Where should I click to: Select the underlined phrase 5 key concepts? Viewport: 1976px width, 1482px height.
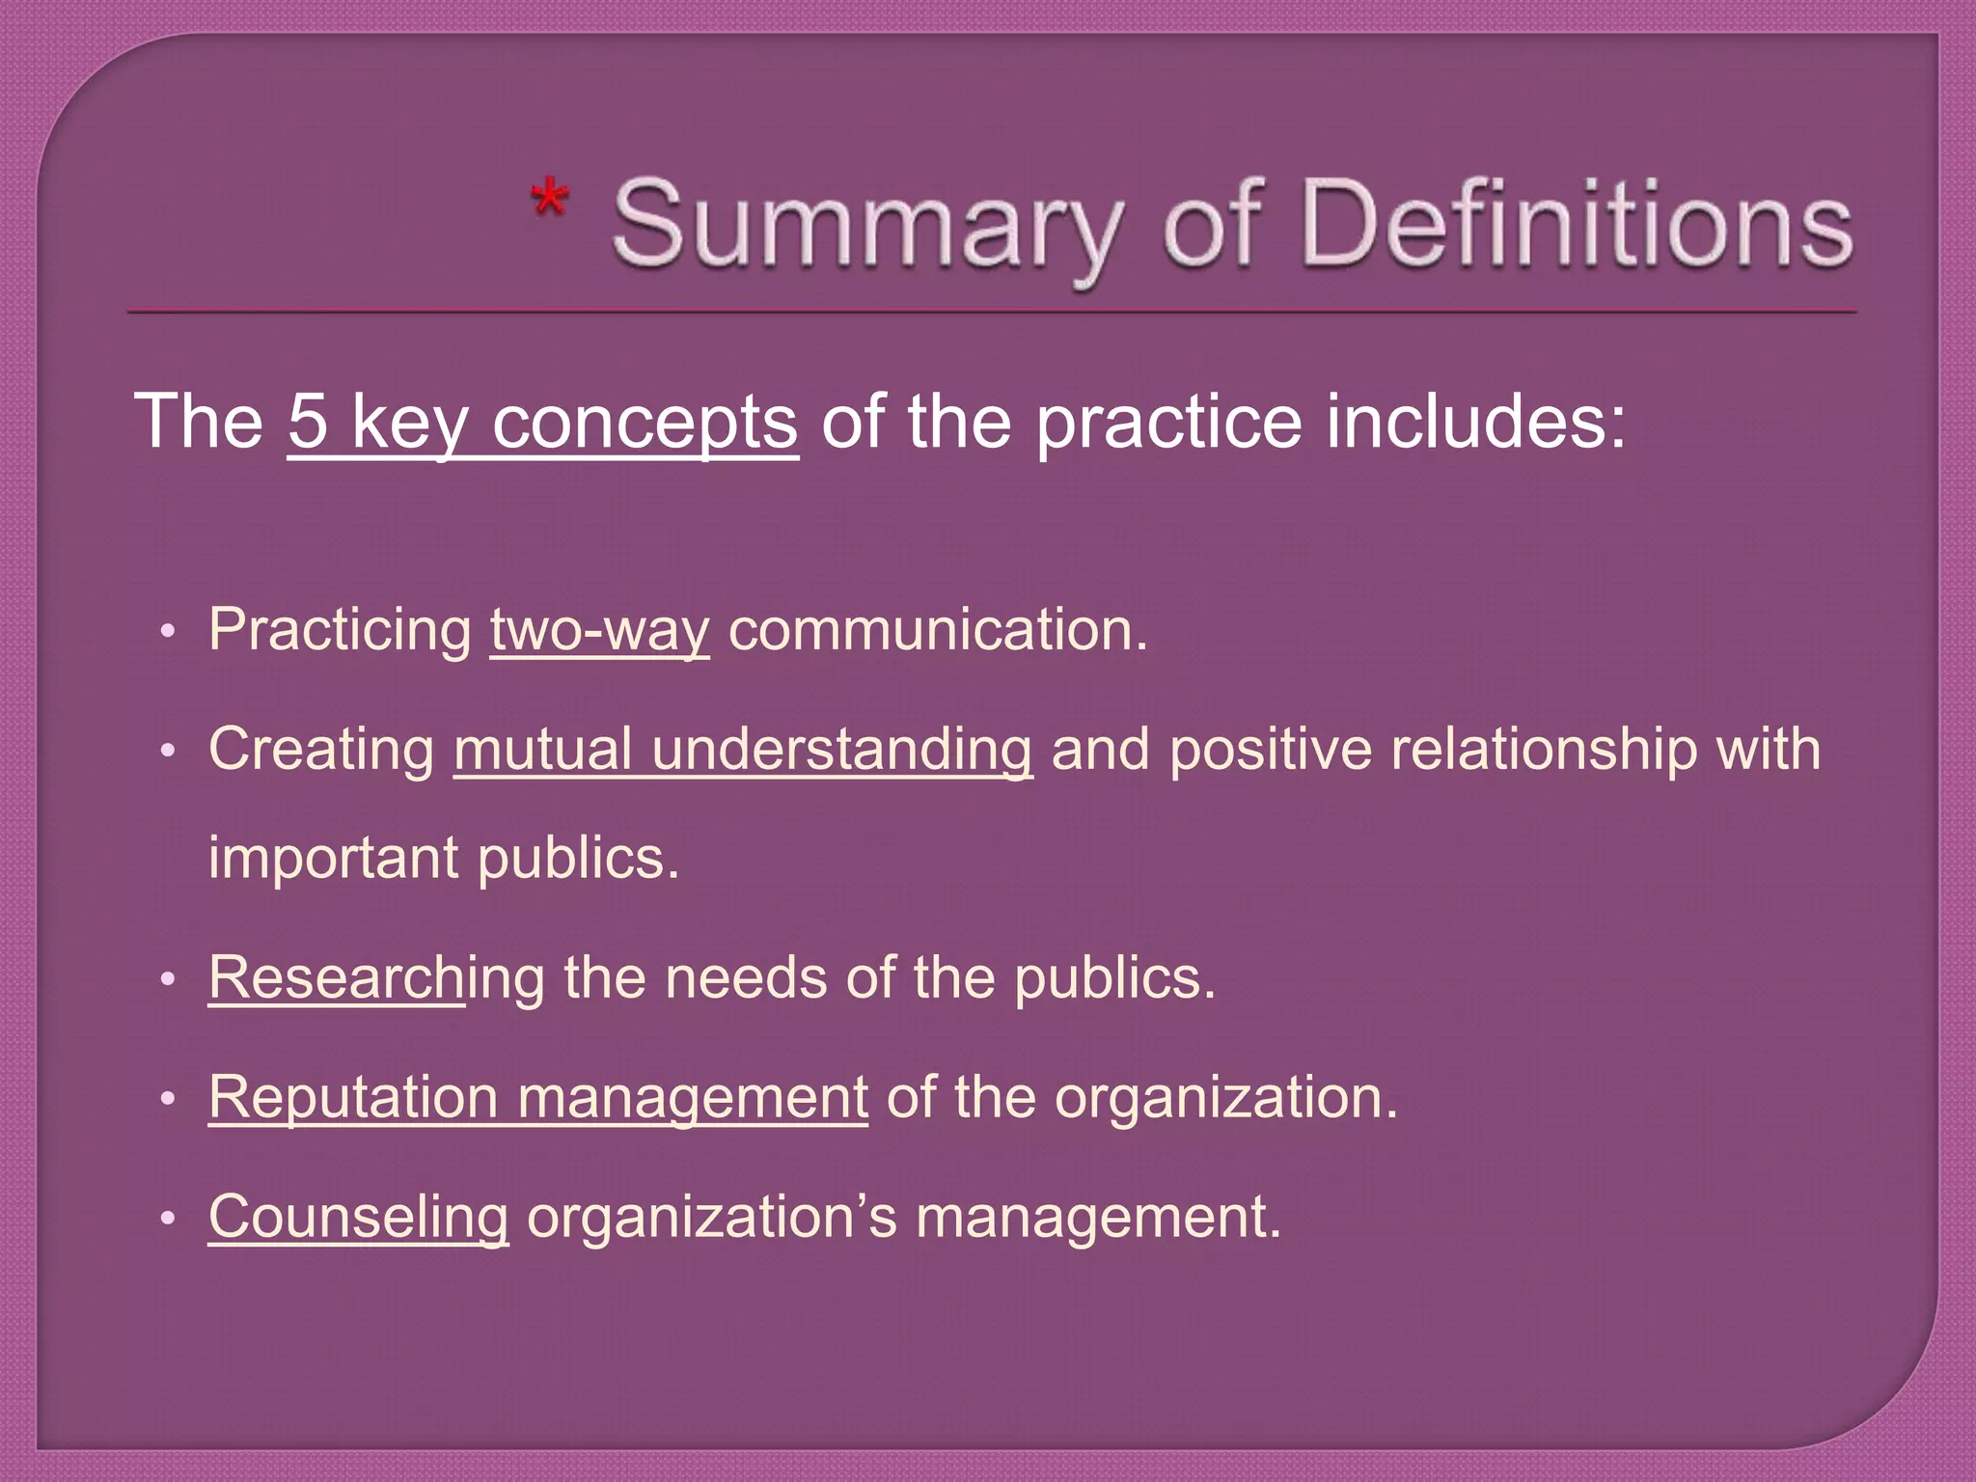[542, 422]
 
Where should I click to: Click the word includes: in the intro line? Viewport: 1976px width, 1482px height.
[1475, 422]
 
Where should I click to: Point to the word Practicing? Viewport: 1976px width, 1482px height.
[340, 630]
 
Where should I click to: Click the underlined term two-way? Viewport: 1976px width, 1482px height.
[599, 630]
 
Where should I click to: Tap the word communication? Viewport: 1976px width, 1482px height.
[937, 630]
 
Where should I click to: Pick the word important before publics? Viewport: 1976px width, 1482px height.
[334, 858]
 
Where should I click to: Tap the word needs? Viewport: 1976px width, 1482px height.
[746, 977]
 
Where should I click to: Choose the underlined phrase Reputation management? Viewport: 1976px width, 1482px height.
[537, 1097]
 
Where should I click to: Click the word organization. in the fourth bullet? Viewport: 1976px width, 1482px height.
[1225, 1097]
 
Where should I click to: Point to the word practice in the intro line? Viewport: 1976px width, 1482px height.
[1168, 422]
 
